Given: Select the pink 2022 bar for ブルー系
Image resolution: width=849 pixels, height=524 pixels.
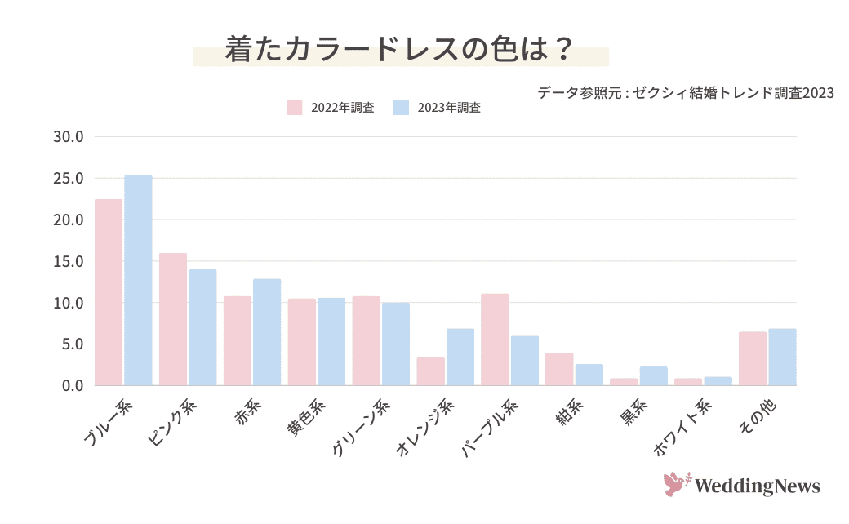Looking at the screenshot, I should tap(109, 292).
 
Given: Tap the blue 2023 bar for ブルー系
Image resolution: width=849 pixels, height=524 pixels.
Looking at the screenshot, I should tap(138, 280).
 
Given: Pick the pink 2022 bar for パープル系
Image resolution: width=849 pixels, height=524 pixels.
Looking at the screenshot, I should tap(495, 340).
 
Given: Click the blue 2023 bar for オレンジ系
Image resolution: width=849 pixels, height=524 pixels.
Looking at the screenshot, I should tap(460, 357).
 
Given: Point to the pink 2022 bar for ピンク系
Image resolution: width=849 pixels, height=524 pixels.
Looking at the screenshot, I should tap(173, 319).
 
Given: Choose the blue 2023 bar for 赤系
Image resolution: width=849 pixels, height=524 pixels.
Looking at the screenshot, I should tap(267, 332).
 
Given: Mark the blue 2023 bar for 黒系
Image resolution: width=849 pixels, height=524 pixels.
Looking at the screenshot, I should tap(653, 376).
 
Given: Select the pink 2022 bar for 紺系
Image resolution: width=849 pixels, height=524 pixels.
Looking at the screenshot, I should tap(559, 369).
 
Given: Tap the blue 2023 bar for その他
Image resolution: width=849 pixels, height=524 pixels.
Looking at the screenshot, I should tap(782, 357).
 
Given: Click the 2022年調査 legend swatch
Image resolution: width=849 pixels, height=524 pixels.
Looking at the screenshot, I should tap(295, 108).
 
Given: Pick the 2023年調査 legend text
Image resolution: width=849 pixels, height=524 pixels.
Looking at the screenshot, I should tap(449, 108).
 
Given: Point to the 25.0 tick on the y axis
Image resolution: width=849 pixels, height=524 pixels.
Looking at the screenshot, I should tap(69, 179).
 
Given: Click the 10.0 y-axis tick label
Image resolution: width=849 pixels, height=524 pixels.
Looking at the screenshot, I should tap(69, 303).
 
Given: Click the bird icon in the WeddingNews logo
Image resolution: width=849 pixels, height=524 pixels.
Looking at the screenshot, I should tap(677, 484).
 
